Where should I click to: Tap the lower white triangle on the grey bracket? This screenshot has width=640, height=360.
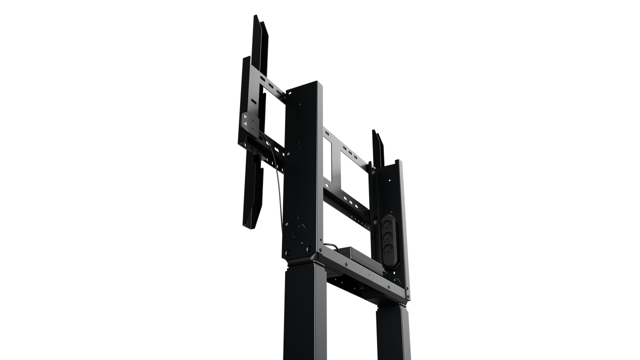245,130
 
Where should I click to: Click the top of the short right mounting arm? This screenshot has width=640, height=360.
377,133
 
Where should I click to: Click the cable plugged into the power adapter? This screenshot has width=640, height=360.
330,244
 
